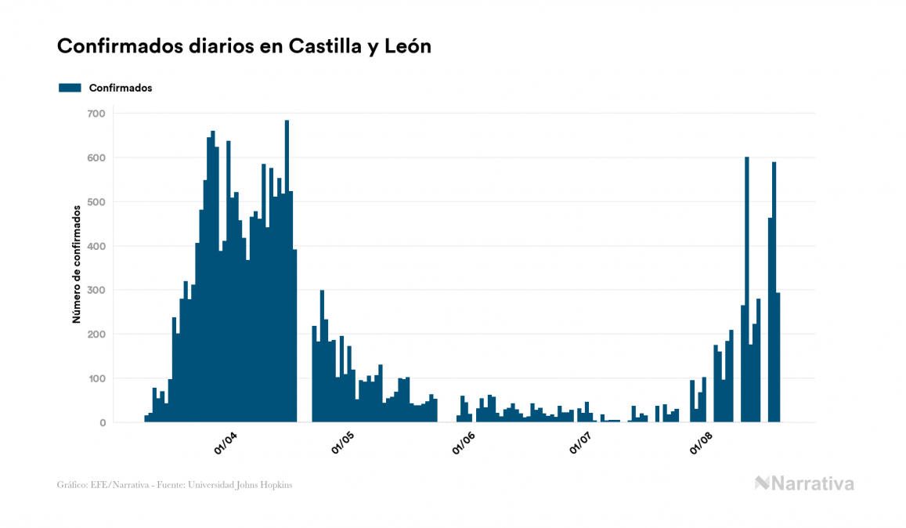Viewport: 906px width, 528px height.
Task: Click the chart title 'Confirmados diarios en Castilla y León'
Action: (x=244, y=46)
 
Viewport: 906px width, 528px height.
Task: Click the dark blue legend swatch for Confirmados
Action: (x=70, y=88)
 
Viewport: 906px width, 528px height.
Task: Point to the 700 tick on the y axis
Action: (x=96, y=114)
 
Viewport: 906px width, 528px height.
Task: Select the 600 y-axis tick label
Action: (x=96, y=157)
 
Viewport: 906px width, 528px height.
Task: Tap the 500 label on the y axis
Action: (x=96, y=202)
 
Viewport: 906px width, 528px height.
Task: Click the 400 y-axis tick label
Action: (x=96, y=246)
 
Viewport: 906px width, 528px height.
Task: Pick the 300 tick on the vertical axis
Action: (x=96, y=290)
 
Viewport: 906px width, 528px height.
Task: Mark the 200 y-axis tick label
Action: (x=96, y=335)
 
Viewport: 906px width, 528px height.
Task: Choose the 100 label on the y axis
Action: (x=96, y=378)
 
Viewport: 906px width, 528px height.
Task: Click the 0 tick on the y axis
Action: (x=102, y=423)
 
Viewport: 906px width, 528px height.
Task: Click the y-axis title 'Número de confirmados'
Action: (x=77, y=264)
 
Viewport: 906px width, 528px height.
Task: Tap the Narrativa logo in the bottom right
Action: (x=804, y=483)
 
